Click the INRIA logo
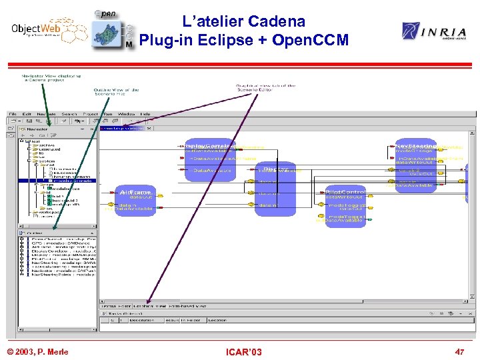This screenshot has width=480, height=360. click(430, 31)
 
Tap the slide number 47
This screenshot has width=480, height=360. click(459, 351)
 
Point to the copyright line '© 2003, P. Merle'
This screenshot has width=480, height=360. click(37, 351)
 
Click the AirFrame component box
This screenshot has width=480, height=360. click(135, 200)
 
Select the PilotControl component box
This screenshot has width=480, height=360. click(345, 206)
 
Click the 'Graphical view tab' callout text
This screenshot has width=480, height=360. click(265, 88)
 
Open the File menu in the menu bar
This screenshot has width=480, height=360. click(13, 114)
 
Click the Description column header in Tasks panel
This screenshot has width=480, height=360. click(141, 319)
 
